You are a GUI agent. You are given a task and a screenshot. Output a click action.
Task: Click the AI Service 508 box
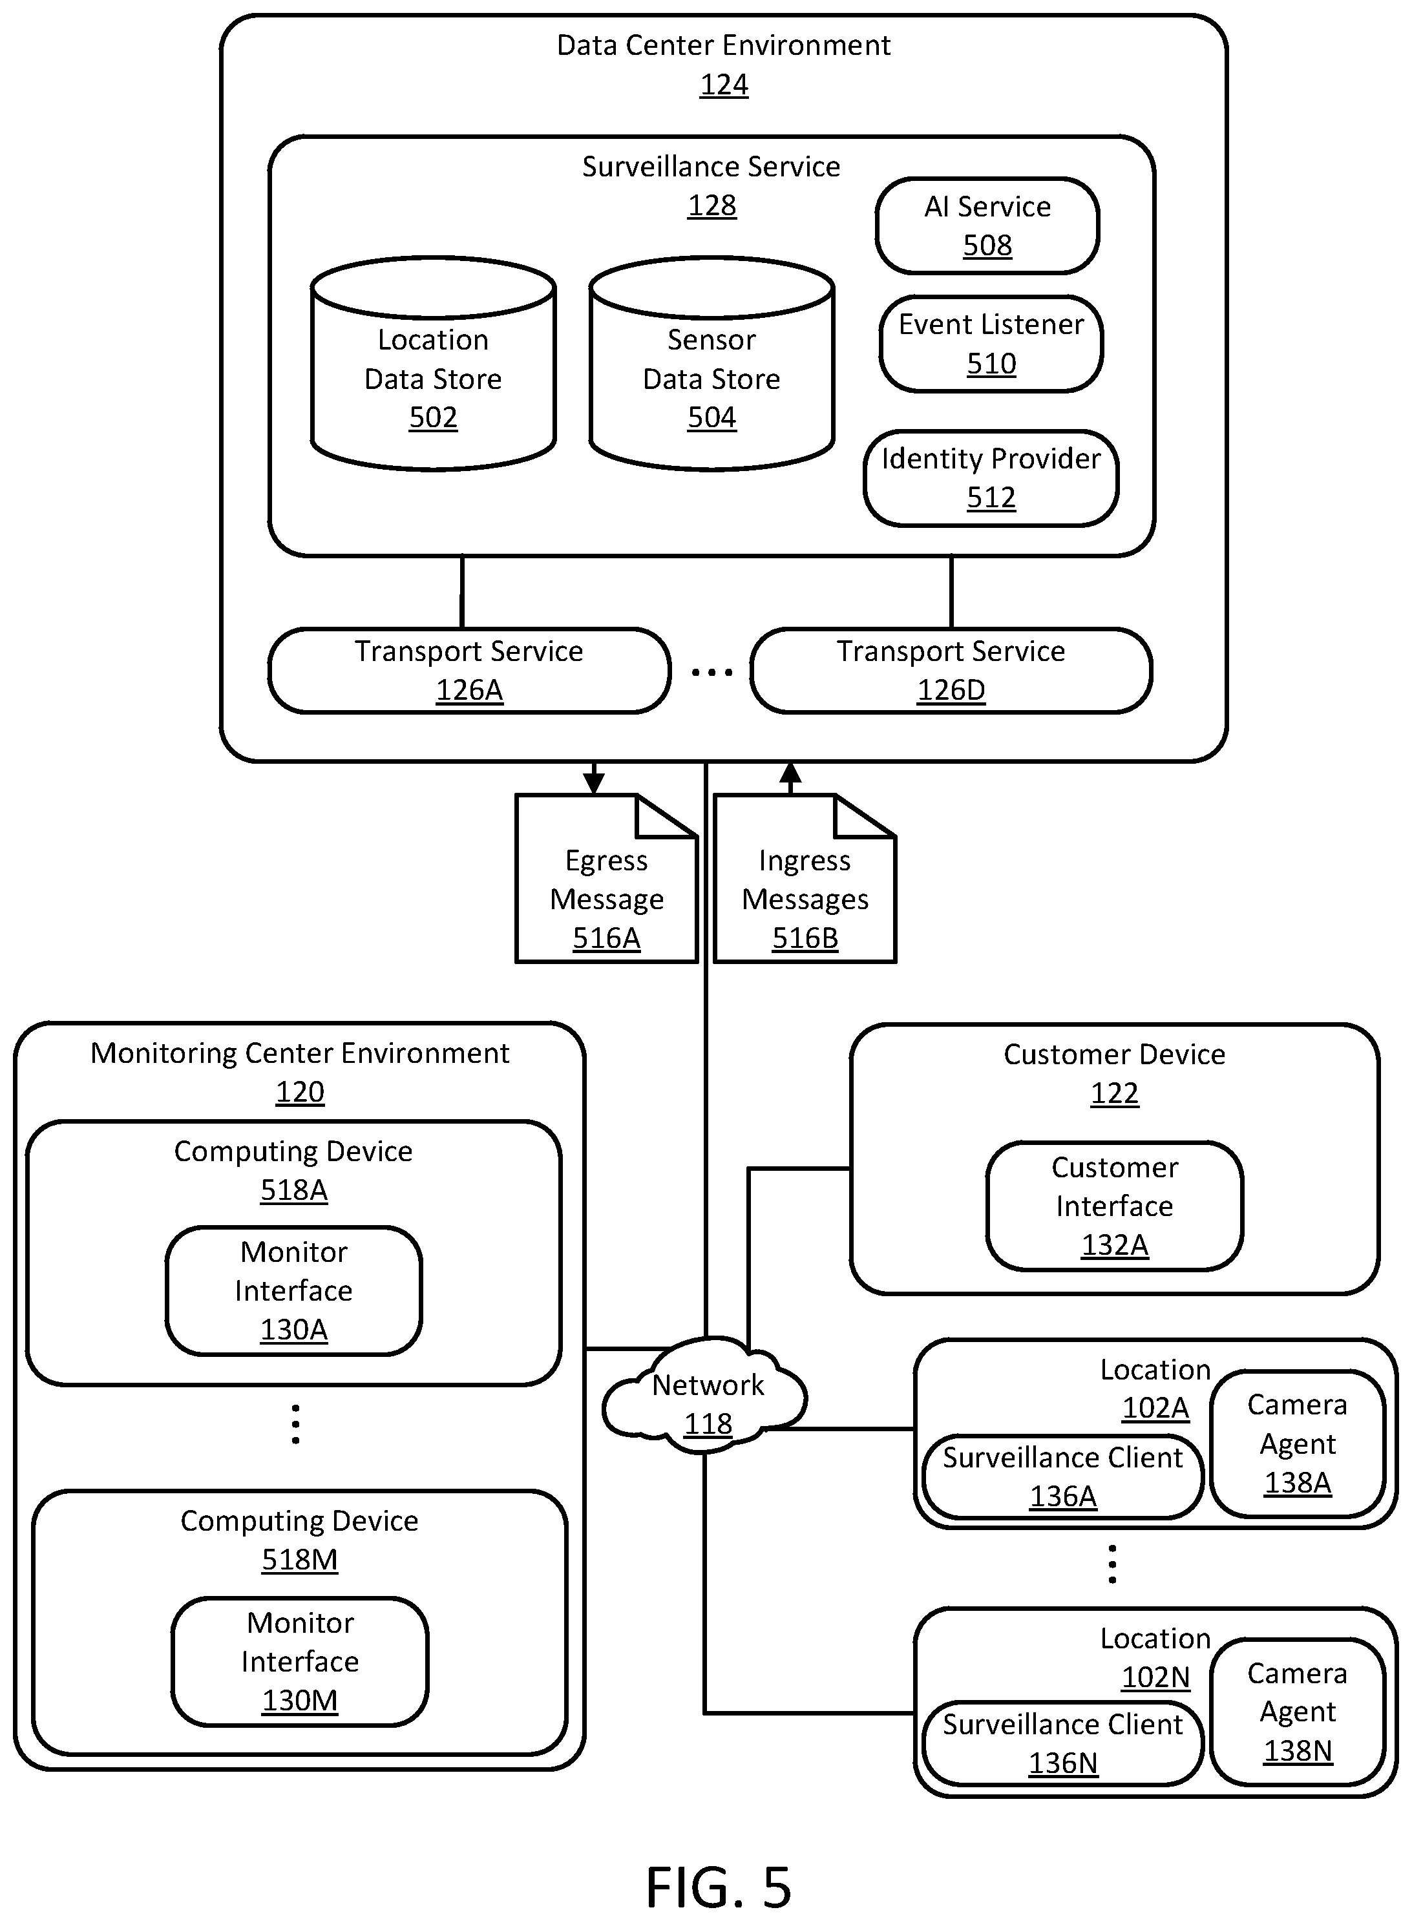pos(987,226)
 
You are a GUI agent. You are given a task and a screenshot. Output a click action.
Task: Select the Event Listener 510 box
pos(991,344)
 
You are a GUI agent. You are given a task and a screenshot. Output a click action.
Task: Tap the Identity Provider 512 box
pos(991,478)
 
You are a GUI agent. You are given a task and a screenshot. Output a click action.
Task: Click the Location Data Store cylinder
pos(434,364)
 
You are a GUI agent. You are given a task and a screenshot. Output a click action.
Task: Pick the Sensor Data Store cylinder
pos(712,364)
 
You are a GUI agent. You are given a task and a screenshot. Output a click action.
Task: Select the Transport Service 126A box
pos(469,671)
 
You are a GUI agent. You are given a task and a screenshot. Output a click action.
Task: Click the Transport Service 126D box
pos(951,671)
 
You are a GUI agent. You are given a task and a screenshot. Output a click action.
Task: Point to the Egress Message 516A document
pos(607,879)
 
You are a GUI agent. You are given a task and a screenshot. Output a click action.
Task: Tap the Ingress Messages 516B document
pos(805,879)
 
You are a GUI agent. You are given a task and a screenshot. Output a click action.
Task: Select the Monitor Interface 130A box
pos(294,1291)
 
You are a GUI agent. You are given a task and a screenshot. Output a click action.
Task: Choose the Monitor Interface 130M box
pos(300,1662)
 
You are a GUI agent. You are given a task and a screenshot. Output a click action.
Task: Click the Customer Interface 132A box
pos(1115,1206)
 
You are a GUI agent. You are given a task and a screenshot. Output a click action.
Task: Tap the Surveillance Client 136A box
pos(1062,1476)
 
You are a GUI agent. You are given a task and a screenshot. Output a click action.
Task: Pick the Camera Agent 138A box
pos(1298,1444)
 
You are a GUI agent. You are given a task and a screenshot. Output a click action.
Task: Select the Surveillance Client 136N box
pos(1062,1744)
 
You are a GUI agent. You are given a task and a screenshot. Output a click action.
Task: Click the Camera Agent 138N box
pos(1298,1712)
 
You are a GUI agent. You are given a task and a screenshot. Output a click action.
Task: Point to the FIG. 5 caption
pos(719,1887)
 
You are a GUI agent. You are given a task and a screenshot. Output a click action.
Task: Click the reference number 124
pos(724,85)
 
